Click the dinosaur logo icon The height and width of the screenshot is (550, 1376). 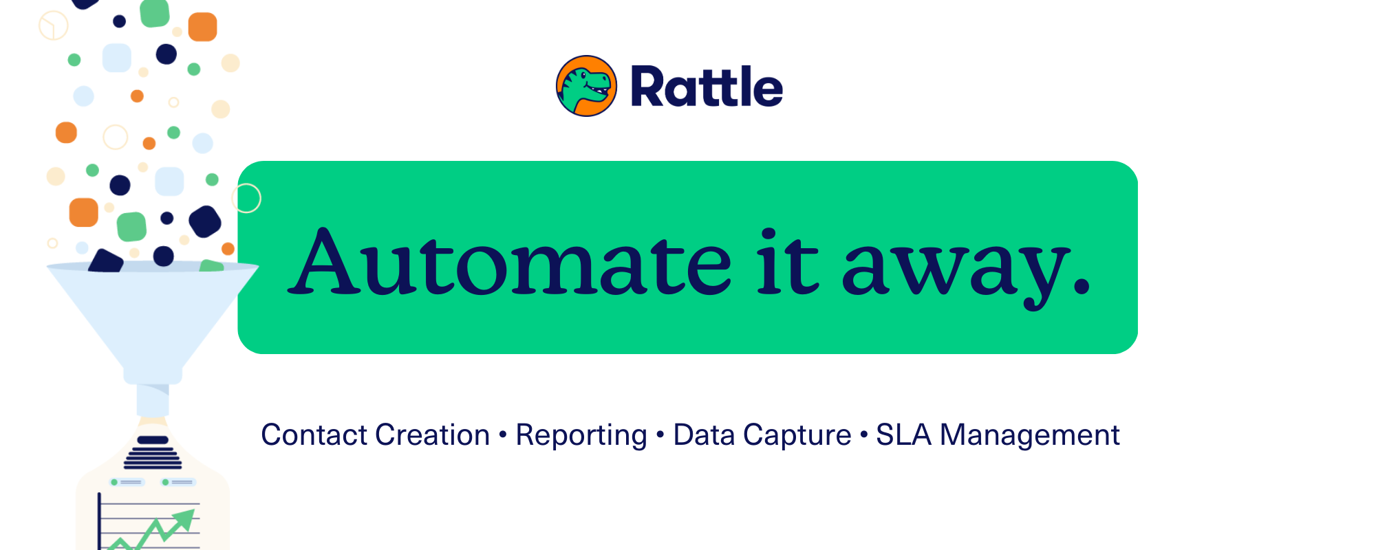pos(586,86)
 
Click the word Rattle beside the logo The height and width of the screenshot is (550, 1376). pos(707,87)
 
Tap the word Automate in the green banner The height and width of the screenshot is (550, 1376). pos(510,262)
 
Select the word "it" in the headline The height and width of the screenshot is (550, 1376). pos(788,262)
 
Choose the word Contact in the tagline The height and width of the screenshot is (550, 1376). pos(314,435)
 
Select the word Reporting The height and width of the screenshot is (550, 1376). pos(581,436)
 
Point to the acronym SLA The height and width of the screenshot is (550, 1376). pos(903,435)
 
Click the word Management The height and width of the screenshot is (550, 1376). pos(1030,436)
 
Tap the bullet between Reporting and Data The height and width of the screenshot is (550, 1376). pos(660,435)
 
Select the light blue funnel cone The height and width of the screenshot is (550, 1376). pos(153,320)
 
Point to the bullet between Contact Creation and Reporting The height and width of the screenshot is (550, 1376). pos(503,435)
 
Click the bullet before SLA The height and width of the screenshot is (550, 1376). pos(863,435)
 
